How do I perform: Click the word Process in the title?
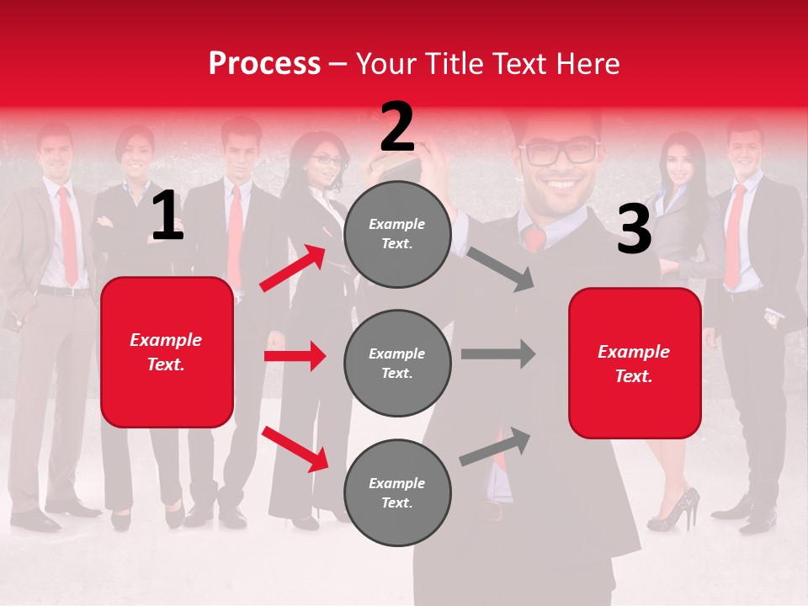click(264, 64)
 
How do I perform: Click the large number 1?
click(167, 216)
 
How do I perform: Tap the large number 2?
click(397, 127)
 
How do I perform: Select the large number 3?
click(634, 230)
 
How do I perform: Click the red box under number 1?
click(167, 352)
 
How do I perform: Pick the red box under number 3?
click(635, 363)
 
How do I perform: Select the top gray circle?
click(397, 234)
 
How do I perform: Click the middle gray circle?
click(397, 363)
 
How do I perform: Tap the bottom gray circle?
click(397, 492)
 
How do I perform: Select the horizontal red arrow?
click(295, 356)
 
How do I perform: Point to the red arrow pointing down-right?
click(295, 449)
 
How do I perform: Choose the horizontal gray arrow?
click(497, 353)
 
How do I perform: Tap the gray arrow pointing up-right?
click(495, 447)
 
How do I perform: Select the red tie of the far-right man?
click(735, 236)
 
